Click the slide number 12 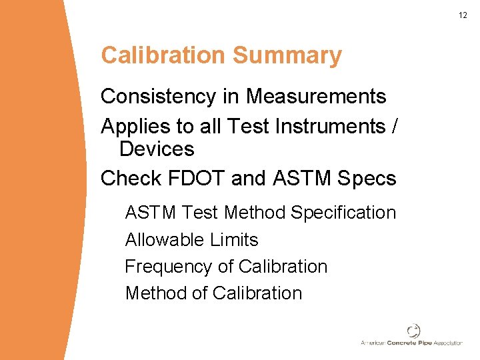click(463, 15)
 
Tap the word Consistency click(160, 97)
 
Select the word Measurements click(316, 97)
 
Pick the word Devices click(157, 149)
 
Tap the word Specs click(367, 179)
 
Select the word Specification click(343, 213)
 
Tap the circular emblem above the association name click(413, 331)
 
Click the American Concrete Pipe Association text click(411, 343)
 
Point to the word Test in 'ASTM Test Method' click(200, 213)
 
